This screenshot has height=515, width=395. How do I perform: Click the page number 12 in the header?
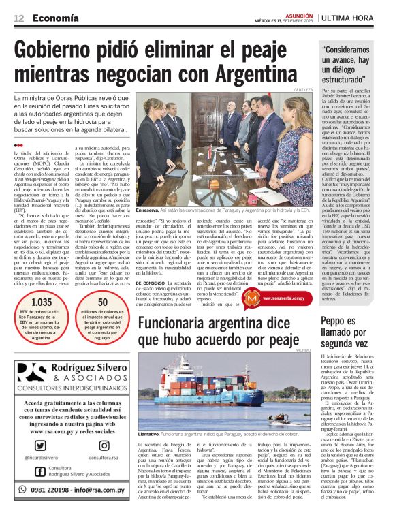(x=18, y=18)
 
